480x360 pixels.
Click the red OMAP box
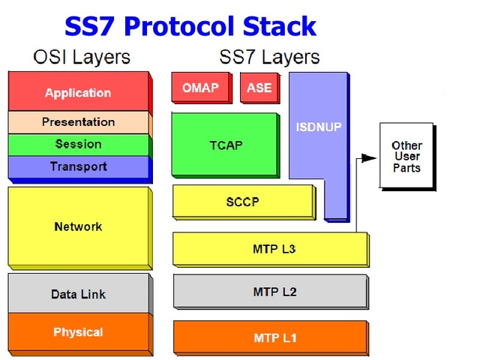(200, 88)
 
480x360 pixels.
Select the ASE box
(259, 88)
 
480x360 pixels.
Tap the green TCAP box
(225, 145)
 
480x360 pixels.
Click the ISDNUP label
(318, 127)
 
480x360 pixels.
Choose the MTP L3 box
(269, 249)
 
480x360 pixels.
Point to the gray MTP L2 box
(269, 292)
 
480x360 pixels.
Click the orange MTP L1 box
(269, 337)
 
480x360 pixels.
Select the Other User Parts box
(406, 156)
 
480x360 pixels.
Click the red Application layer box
(78, 93)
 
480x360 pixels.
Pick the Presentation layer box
(78, 122)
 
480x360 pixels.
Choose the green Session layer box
(78, 144)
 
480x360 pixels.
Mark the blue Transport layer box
(78, 166)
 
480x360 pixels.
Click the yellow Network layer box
(78, 226)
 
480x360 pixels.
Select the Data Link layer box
(78, 294)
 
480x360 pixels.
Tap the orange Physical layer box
(78, 332)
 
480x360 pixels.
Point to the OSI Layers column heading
(82, 57)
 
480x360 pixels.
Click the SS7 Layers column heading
(269, 57)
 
